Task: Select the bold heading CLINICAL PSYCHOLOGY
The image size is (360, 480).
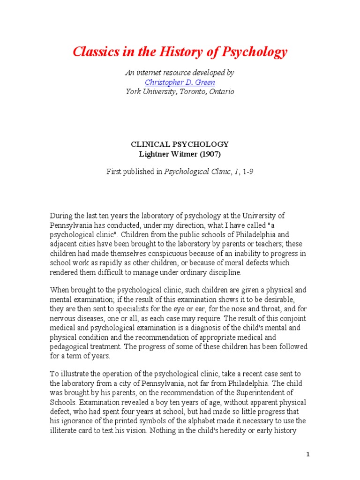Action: click(x=180, y=144)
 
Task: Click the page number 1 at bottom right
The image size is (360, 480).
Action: click(x=308, y=454)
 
